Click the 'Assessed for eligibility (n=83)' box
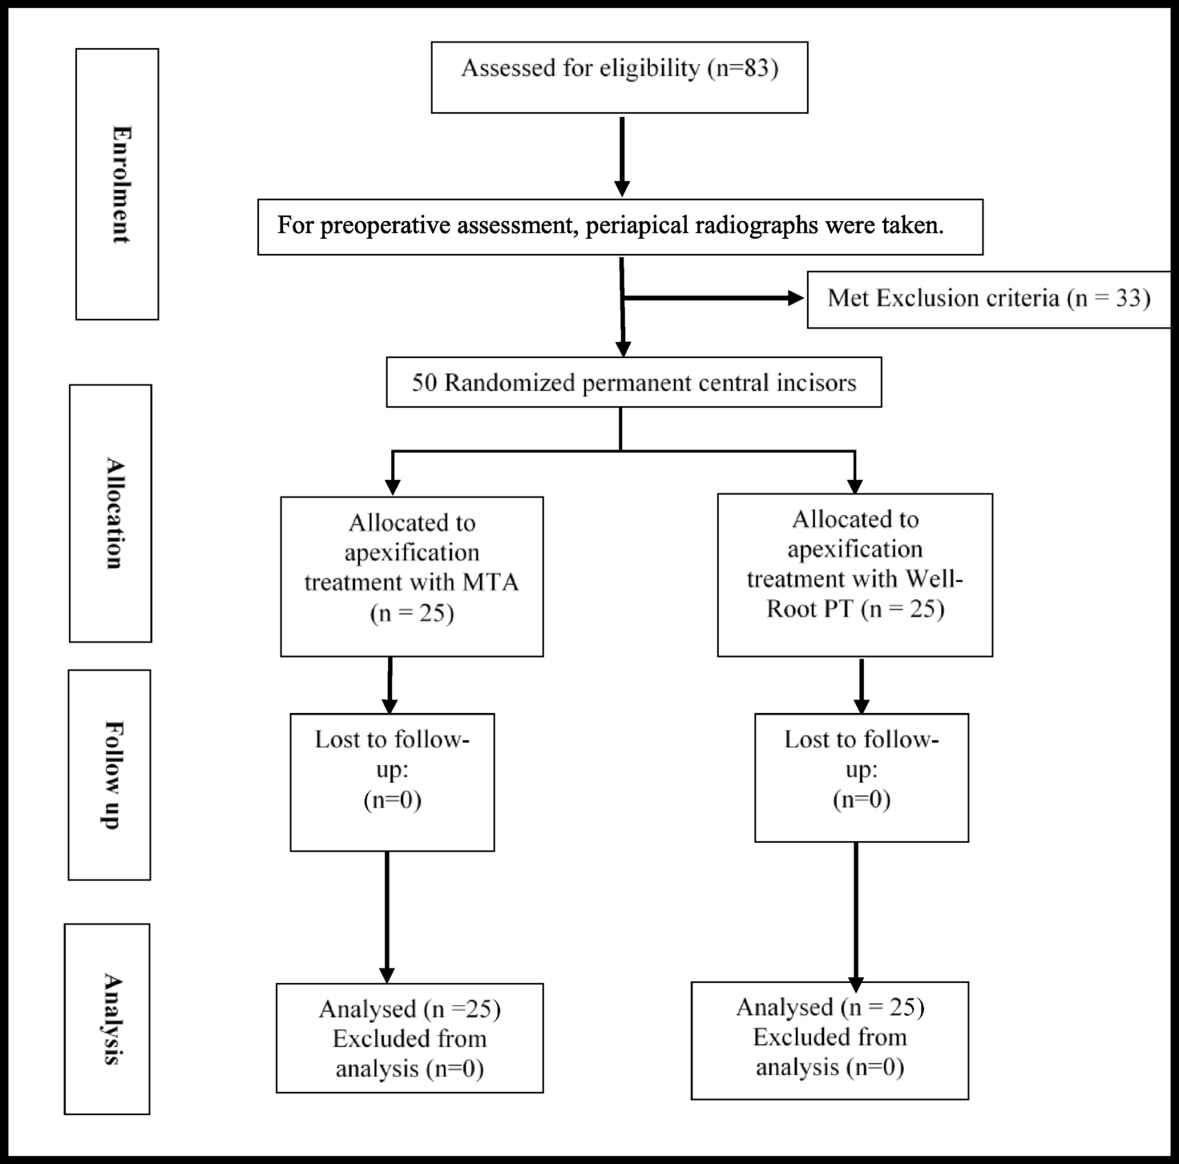tap(619, 77)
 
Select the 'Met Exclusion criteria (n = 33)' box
tap(988, 299)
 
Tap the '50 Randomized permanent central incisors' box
tap(633, 382)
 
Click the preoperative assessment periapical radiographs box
tap(620, 227)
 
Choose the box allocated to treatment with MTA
tap(411, 576)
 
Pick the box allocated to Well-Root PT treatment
tap(854, 574)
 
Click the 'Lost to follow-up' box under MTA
tap(392, 782)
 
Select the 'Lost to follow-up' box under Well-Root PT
tap(861, 777)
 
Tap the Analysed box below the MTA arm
tap(410, 1037)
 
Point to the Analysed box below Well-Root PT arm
tap(830, 1040)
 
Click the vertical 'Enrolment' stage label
tap(117, 184)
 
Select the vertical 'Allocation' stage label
tap(111, 513)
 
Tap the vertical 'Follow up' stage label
tap(109, 775)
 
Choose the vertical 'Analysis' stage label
tap(107, 1018)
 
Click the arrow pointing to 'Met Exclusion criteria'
tap(713, 298)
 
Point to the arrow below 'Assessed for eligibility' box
tap(622, 155)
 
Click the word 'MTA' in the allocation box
tap(491, 582)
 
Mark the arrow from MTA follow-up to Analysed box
tap(387, 916)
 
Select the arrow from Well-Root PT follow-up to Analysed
tap(856, 913)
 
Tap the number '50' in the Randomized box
tap(425, 383)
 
